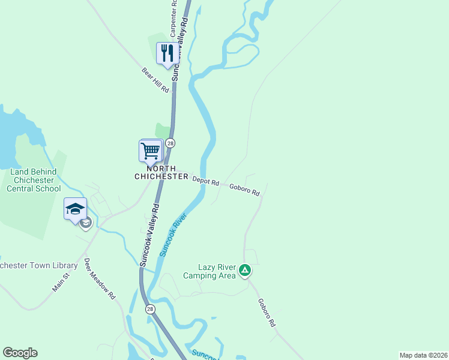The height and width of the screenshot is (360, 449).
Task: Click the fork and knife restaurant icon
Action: click(166, 53)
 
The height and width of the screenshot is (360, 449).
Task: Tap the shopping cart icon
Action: click(151, 150)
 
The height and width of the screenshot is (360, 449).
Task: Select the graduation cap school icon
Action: click(76, 209)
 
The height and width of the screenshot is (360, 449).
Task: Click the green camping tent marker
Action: click(244, 270)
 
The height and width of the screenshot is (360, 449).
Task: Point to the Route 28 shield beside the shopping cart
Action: click(170, 143)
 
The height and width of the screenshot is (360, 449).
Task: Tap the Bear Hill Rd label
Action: click(155, 79)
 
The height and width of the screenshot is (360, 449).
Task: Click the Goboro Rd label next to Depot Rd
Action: click(245, 190)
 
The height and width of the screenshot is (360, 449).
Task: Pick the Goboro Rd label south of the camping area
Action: click(267, 313)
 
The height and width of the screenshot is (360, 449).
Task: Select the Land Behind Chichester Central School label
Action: click(34, 180)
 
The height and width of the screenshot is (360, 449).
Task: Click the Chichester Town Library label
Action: click(38, 265)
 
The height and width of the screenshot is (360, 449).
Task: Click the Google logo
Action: click(20, 353)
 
